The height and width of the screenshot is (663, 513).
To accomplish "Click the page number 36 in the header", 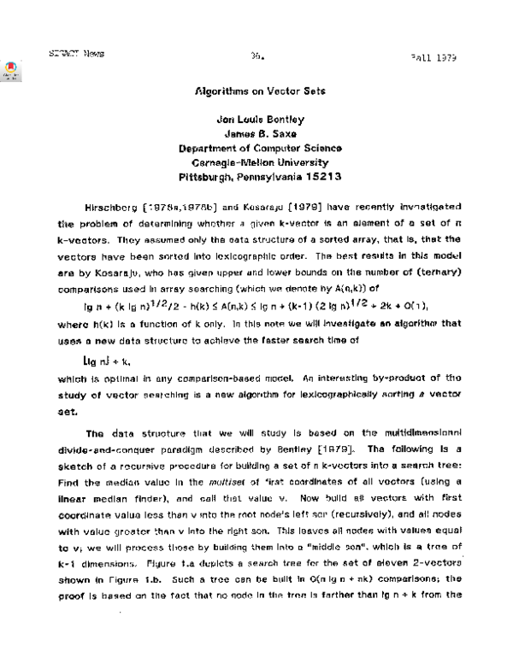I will (x=255, y=55).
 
